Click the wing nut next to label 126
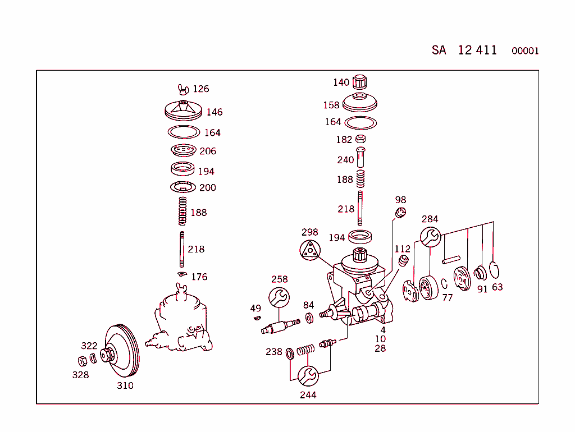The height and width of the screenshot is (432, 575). coord(182,88)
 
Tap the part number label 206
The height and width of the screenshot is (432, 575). coord(207,151)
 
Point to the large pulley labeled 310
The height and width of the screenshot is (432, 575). coord(123,352)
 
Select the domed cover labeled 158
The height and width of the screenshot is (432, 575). coord(359,103)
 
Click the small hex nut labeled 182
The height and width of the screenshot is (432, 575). coord(361,139)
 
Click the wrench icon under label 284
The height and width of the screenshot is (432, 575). coord(431,237)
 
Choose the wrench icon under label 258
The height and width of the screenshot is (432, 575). coord(279,297)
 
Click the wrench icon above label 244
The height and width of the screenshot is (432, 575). coord(308,375)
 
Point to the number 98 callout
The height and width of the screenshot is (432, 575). coord(400,200)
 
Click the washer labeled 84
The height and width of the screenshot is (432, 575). coord(309,319)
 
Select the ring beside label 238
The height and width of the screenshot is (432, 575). coord(290,353)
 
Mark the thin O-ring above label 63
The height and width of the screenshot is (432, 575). coord(495,270)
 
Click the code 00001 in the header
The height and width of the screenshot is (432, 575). coord(525,51)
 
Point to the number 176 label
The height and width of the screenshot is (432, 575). coord(199,277)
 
